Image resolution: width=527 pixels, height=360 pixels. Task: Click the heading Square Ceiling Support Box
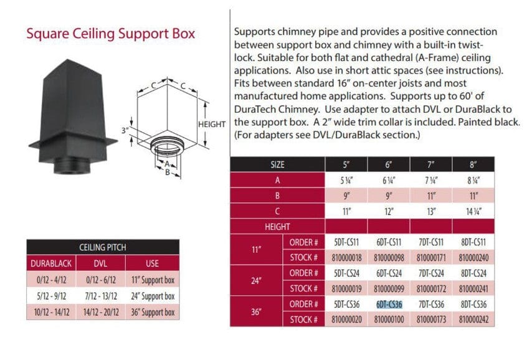tap(110, 33)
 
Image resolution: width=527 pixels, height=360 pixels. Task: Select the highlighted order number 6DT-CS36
tap(389, 305)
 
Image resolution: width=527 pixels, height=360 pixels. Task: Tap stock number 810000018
tap(346, 257)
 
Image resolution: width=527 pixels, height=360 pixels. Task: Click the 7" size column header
tap(431, 165)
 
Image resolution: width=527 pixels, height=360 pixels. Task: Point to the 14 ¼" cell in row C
tap(473, 211)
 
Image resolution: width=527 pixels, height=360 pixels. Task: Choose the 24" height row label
tap(256, 280)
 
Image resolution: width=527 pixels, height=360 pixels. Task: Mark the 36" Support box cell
tap(152, 312)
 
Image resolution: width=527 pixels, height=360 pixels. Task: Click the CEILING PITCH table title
tap(103, 247)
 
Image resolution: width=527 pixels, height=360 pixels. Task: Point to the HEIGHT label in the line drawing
tap(212, 124)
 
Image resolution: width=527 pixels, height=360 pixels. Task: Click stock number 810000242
tap(473, 320)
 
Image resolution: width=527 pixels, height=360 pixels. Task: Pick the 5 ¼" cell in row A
tap(346, 180)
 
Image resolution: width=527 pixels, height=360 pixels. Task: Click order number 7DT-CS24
tap(431, 273)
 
